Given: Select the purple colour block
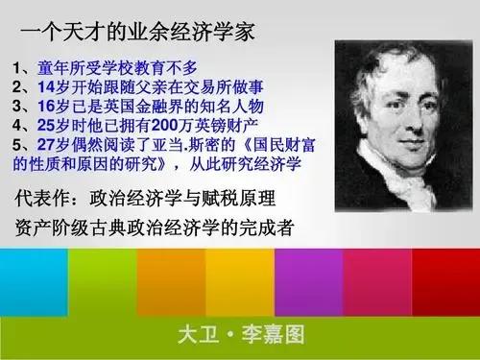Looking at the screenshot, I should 308,278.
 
